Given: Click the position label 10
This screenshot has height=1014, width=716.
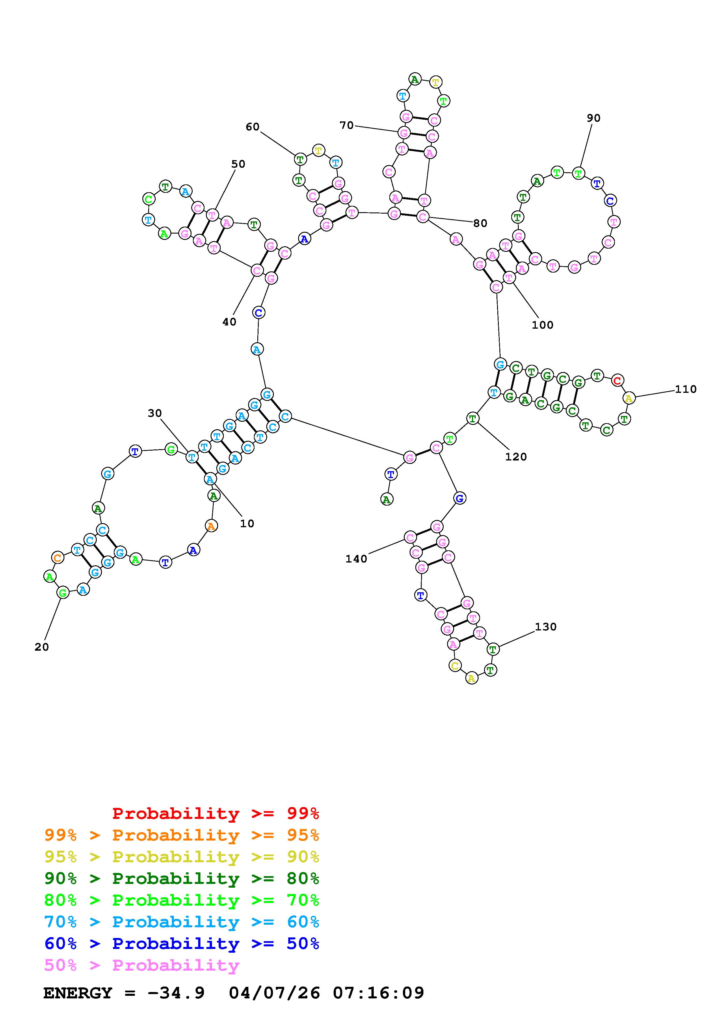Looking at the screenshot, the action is click(247, 523).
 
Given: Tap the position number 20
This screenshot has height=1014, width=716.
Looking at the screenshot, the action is click(42, 647).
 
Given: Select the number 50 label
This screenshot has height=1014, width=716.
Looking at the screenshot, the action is click(238, 164).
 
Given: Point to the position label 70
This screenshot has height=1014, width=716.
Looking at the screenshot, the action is click(347, 125).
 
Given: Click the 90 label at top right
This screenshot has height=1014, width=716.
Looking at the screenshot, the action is click(593, 118).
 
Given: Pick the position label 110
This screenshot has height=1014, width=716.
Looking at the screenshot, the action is click(686, 389).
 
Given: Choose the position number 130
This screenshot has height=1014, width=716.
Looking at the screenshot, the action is click(546, 627).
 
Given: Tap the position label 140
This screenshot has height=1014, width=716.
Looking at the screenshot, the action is click(356, 559).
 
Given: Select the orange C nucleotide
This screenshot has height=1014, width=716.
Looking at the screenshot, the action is click(58, 557).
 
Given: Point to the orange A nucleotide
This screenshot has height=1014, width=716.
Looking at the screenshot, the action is click(211, 526).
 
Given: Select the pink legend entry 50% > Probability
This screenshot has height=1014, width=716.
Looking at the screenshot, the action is click(142, 965).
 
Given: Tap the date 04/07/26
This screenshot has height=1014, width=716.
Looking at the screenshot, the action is click(274, 993).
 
